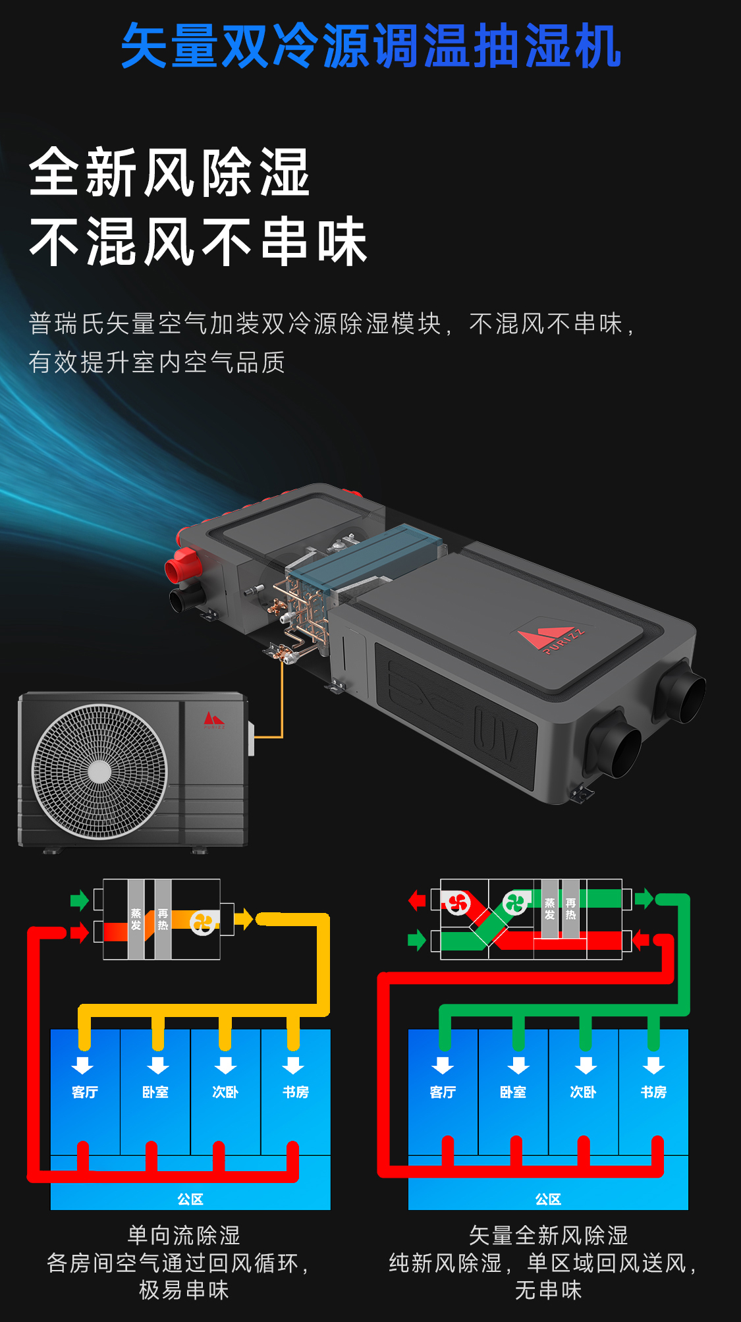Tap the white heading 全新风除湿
coord(169,173)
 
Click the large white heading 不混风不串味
coord(198,242)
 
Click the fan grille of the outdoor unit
coord(99,771)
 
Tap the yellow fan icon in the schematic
coord(204,922)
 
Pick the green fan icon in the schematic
coord(515,903)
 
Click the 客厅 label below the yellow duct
coord(85,1092)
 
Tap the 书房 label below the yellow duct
coord(296,1092)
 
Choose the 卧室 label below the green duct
coord(512,1092)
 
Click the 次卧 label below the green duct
coord(583,1092)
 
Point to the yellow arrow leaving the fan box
coord(244,918)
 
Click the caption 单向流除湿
coord(184,1235)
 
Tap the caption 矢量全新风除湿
coord(548,1235)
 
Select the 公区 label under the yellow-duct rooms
coord(190,1199)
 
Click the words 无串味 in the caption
coord(548,1290)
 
